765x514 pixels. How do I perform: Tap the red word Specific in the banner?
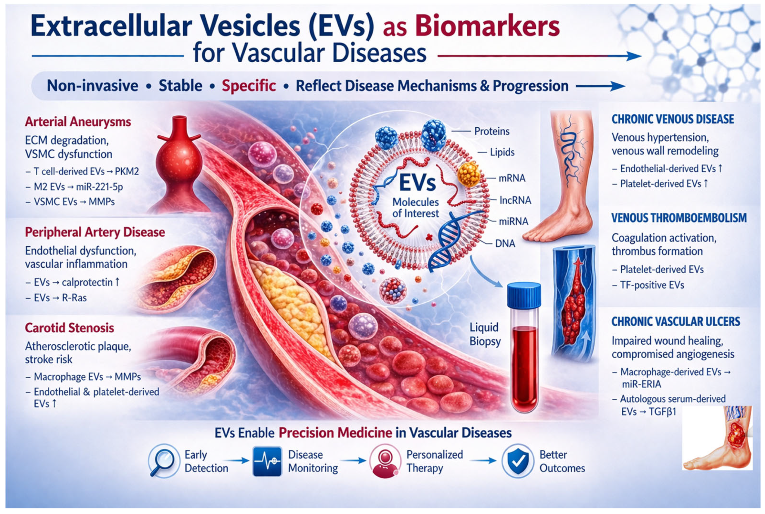tap(249, 86)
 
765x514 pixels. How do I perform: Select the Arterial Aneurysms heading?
tap(78, 122)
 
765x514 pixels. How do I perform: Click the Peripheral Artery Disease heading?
tap(95, 232)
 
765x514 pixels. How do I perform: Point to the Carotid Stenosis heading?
tap(69, 328)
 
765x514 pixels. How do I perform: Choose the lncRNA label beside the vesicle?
tap(515, 200)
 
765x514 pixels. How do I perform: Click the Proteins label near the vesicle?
tap(492, 131)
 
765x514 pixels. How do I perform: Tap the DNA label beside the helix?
tap(505, 243)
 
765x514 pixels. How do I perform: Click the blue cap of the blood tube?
tap(524, 296)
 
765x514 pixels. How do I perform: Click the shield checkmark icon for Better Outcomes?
tap(518, 461)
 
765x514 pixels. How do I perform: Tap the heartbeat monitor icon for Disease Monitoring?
tap(267, 461)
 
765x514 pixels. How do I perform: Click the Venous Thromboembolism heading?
tap(679, 218)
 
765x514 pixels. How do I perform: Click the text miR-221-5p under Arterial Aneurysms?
tap(99, 187)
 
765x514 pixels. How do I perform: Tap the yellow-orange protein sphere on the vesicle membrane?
tap(469, 175)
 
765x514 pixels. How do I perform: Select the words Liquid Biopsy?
tap(485, 334)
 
